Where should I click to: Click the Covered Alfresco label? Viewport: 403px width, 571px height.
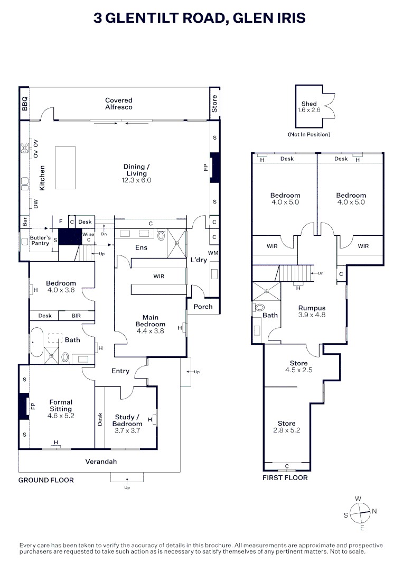118,104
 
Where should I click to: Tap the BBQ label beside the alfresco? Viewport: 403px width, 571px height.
24,104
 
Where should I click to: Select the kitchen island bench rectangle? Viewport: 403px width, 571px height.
65,168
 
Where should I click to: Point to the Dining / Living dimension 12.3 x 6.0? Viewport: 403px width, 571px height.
136,180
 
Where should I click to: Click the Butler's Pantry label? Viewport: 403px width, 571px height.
40,241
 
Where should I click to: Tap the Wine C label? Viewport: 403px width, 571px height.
88,237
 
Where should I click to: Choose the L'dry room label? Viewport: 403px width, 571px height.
199,260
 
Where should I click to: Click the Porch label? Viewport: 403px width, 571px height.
203,307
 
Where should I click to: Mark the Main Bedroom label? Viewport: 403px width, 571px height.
150,321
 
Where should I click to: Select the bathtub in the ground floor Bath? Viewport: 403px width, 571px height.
36,342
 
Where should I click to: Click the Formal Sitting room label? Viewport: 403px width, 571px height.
61,406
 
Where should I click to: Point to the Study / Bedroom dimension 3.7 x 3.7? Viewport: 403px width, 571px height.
127,430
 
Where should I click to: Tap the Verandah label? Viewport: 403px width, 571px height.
101,462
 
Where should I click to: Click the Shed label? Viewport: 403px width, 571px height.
309,104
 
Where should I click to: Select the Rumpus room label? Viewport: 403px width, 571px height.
312,308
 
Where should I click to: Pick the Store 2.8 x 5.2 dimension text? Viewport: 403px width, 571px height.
287,430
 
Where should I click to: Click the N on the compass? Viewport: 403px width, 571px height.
374,511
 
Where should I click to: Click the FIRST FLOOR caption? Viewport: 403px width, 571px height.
285,478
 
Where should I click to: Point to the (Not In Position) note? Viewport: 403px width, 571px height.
309,134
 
